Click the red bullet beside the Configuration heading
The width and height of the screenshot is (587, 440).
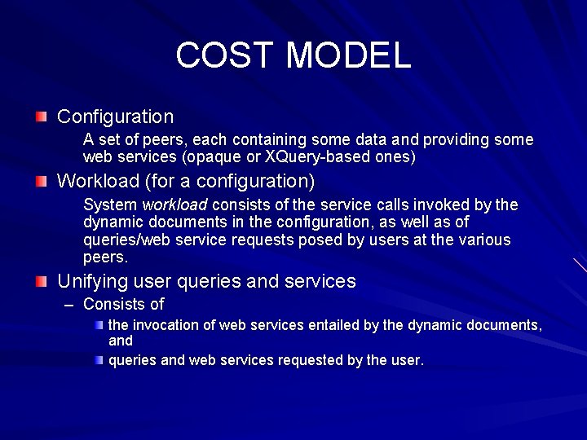42,117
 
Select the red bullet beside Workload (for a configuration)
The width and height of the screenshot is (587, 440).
42,181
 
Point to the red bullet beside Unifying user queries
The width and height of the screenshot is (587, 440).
42,282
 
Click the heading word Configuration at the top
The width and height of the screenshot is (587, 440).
115,117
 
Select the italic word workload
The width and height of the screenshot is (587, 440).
174,205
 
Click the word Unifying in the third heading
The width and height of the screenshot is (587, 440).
90,282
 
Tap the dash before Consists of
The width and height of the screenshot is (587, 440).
68,306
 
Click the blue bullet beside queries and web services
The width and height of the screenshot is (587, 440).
99,359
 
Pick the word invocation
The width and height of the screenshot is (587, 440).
166,325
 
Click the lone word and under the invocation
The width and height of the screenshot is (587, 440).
121,341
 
